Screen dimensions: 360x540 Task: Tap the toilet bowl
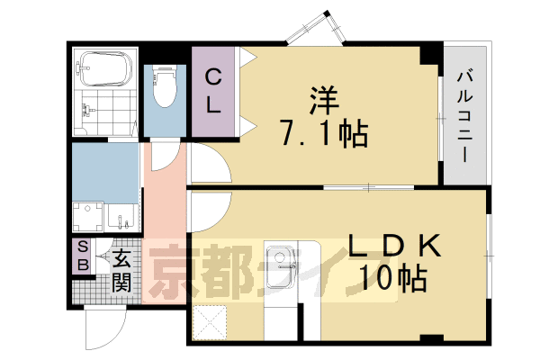pos(164,90)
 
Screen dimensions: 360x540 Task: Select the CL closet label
pos(212,92)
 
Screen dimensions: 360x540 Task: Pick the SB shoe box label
pos(82,255)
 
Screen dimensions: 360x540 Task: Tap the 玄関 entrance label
pos(121,271)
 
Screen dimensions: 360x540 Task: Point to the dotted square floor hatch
pos(211,321)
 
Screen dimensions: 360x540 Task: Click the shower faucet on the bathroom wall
pos(87,112)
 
